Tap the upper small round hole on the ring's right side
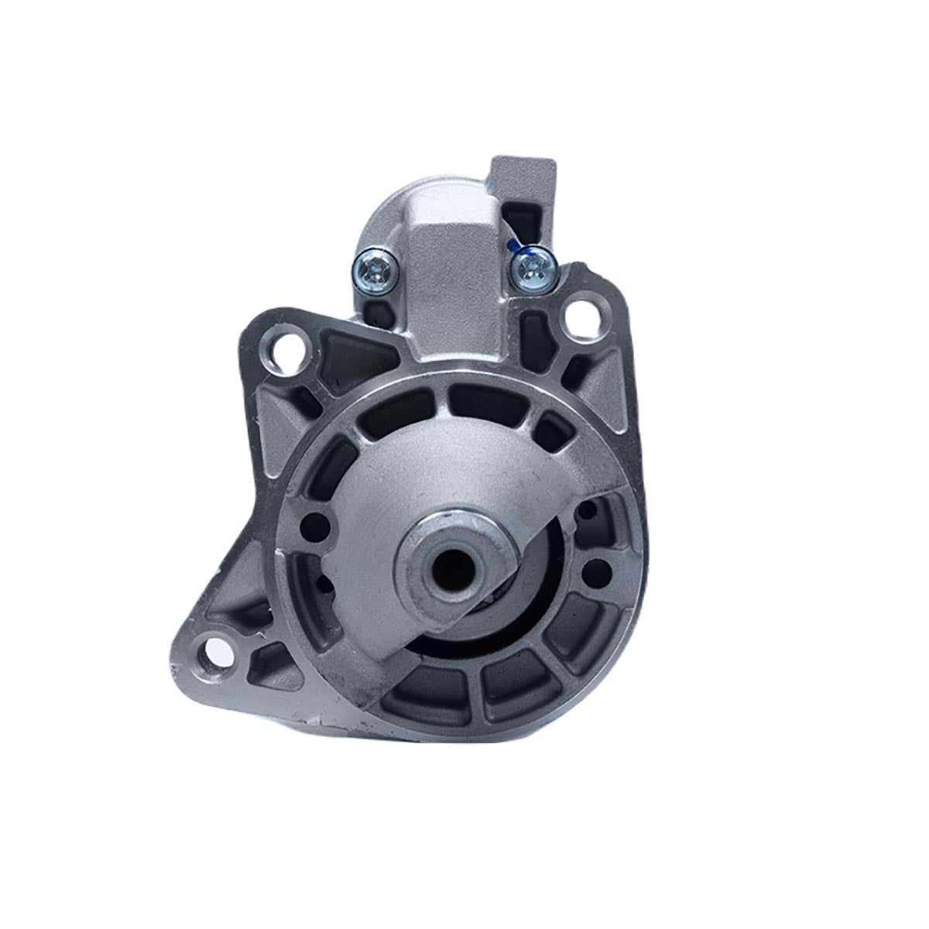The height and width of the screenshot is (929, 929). pyautogui.click(x=588, y=510)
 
